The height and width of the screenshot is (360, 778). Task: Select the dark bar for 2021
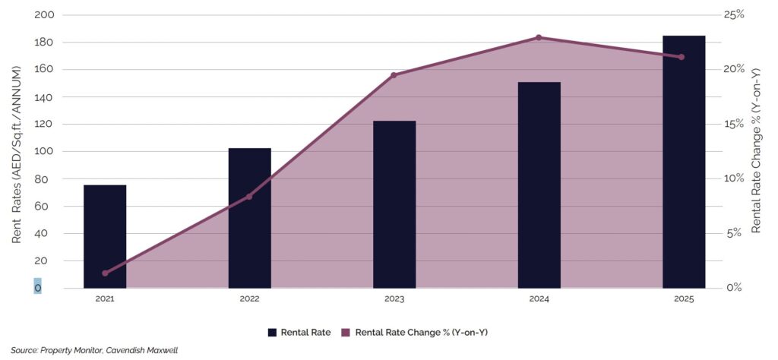click(x=105, y=236)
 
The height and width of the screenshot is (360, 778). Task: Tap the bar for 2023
click(x=394, y=204)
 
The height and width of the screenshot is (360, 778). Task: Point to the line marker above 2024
click(x=539, y=37)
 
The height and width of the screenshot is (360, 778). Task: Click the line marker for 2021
click(x=105, y=273)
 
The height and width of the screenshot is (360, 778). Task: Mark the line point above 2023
click(x=394, y=75)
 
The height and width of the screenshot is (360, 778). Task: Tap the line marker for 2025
click(x=682, y=57)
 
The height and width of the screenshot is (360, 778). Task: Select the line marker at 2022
click(x=249, y=196)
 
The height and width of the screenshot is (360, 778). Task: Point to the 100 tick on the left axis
click(x=44, y=152)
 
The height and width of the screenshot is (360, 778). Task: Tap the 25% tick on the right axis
click(x=735, y=15)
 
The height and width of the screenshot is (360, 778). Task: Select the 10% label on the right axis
click(x=735, y=178)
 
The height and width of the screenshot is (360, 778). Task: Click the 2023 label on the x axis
click(x=394, y=300)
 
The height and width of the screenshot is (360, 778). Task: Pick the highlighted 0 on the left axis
click(x=37, y=288)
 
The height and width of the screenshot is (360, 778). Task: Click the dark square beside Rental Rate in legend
click(x=272, y=332)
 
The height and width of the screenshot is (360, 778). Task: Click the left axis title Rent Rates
click(x=17, y=152)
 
